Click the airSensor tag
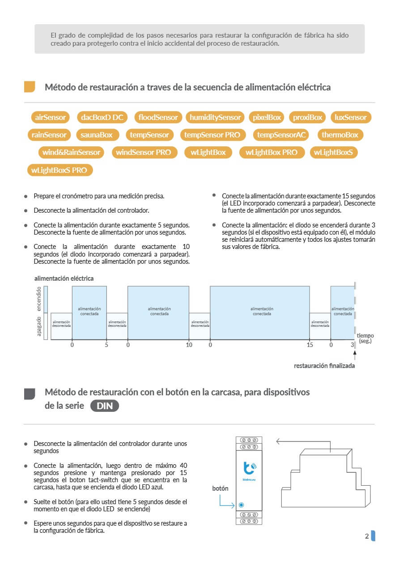point(50,117)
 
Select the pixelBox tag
point(267,117)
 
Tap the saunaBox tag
point(97,135)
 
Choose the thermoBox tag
point(340,135)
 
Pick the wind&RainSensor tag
point(71,152)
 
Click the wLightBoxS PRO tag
point(59,170)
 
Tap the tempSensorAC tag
point(280,135)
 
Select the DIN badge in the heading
point(105,406)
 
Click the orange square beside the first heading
point(30,87)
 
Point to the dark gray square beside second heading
point(30,394)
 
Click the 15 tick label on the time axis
point(310,345)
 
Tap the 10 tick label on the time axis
point(189,345)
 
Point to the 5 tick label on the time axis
point(106,345)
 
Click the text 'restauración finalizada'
point(324,366)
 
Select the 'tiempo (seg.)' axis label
point(365,338)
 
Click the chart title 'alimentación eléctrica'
point(64,278)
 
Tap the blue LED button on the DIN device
point(242,505)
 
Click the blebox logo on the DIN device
point(249,468)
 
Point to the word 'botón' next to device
point(220,488)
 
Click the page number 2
point(367,536)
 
